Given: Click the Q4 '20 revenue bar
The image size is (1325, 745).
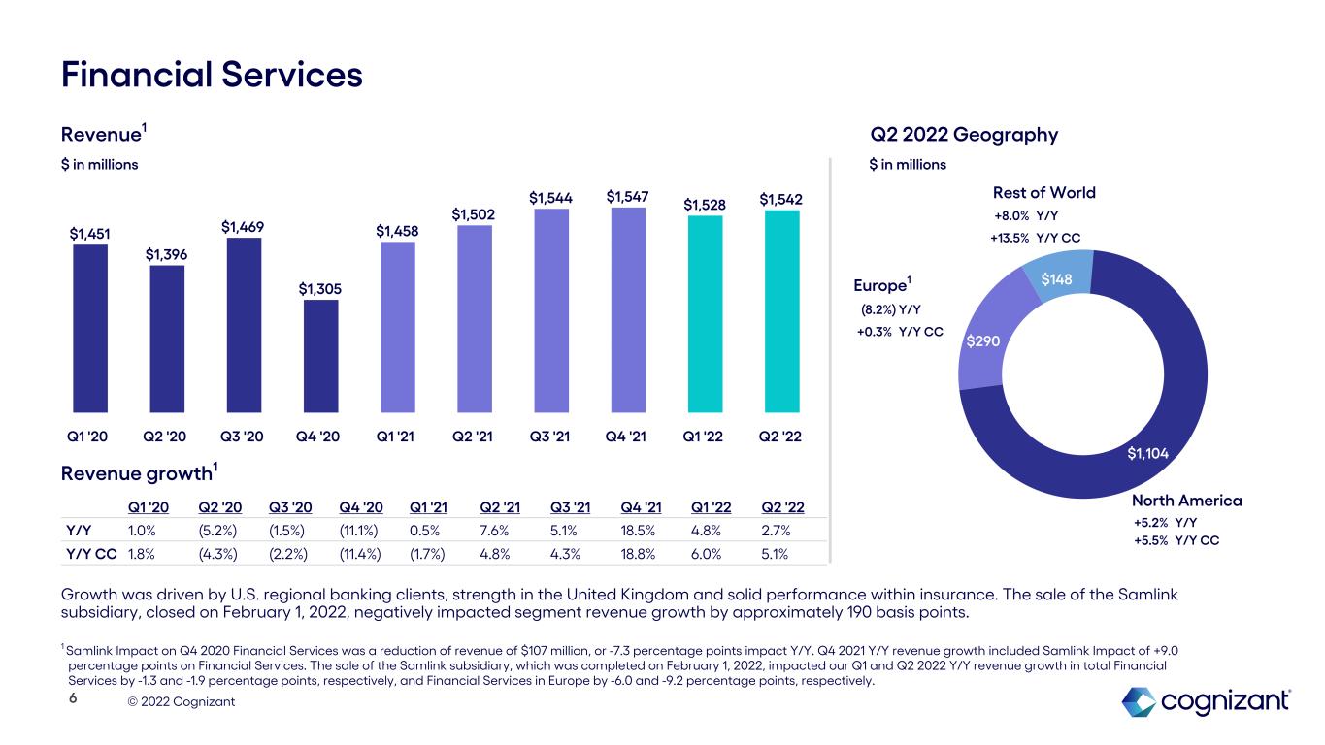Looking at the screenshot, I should (x=321, y=355).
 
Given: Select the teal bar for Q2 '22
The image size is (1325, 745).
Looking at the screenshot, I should (x=782, y=310).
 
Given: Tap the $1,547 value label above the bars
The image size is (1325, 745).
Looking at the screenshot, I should (x=628, y=197).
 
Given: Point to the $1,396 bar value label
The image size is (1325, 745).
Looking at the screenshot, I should (x=167, y=254).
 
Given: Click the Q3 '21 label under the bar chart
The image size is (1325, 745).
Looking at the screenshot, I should (x=551, y=436).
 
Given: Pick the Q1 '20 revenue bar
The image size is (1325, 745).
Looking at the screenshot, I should (x=90, y=328).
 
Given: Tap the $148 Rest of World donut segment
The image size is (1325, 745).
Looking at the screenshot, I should (x=1058, y=279).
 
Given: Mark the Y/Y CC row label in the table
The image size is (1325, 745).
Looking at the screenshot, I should (x=90, y=555).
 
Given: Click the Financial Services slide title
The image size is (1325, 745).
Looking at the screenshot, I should (x=212, y=75).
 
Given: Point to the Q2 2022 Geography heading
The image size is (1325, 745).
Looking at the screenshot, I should (x=963, y=134).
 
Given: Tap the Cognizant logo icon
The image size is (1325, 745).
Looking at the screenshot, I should (x=1139, y=700).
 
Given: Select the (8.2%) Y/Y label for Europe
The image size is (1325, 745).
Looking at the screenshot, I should (x=890, y=310).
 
